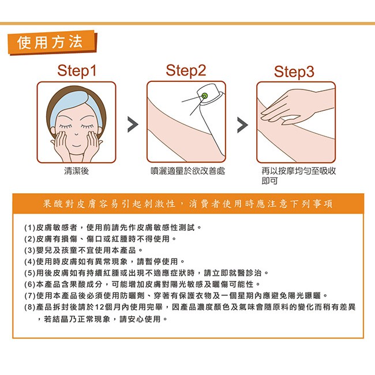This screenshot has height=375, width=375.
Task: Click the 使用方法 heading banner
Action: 52,42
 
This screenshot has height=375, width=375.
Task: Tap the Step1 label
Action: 77,71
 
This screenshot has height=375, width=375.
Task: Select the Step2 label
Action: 186,71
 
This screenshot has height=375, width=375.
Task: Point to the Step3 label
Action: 294,72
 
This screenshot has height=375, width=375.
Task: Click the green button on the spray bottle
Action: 204,96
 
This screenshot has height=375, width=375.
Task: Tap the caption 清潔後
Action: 76,171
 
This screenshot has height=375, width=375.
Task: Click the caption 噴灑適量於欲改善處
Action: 187,171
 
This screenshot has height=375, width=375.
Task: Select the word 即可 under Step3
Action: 269,181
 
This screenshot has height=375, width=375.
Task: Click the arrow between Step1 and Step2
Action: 133,125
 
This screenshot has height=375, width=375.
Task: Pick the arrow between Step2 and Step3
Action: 242,125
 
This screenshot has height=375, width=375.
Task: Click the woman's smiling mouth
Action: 76,145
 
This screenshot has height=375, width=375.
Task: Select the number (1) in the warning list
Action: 29,227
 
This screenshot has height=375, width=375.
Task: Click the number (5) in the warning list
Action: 29,273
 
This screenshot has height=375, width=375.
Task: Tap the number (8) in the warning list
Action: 29,307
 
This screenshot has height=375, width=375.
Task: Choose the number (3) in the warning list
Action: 29,250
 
